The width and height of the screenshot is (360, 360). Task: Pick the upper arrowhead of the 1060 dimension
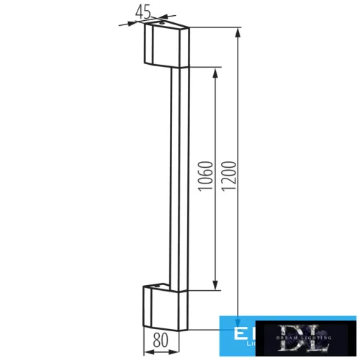tap(215, 73)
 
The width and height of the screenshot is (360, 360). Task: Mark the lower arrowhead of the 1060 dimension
tap(215, 287)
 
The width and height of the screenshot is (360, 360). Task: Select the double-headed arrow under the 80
tap(166, 352)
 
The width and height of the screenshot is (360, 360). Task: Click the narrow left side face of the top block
tap(148, 45)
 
